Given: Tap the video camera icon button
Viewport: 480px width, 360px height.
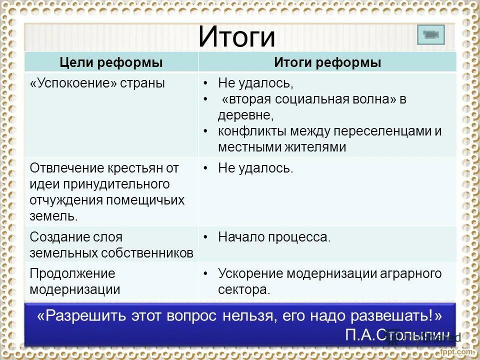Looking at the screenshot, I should pyautogui.click(x=430, y=35).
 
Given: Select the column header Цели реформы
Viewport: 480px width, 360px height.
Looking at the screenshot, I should pyautogui.click(x=111, y=62).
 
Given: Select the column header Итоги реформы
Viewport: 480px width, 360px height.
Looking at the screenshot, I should pyautogui.click(x=327, y=62).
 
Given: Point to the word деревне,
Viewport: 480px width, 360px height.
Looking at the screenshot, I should pyautogui.click(x=245, y=115).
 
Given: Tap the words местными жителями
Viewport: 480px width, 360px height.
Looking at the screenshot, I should pyautogui.click(x=281, y=147).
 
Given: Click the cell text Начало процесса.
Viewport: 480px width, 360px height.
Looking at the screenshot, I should pyautogui.click(x=274, y=237).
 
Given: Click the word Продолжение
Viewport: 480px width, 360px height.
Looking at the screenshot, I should pyautogui.click(x=72, y=273).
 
